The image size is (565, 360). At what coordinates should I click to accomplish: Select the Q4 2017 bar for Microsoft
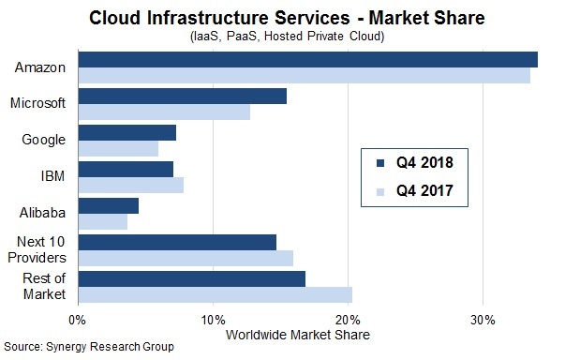coord(164,112)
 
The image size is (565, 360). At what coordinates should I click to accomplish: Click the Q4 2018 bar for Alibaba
coord(108,205)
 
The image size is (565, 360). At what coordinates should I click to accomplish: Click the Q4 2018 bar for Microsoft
coord(182,96)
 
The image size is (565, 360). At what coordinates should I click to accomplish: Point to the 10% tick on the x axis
coord(213,320)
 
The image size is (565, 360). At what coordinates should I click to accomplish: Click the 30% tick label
coord(483,320)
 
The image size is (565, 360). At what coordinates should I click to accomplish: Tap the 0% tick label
coord(78,320)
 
